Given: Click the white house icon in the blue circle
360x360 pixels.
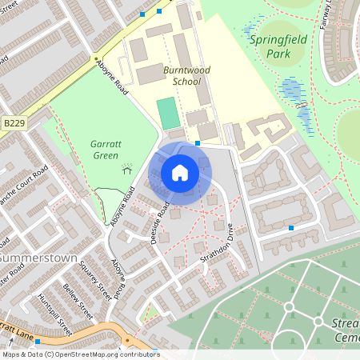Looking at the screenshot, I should click(x=180, y=173).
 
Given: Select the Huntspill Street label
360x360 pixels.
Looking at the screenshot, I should click(x=54, y=314).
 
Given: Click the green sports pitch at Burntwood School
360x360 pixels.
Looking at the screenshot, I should click(x=166, y=113).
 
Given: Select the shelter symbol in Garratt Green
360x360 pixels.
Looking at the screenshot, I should click(x=126, y=168).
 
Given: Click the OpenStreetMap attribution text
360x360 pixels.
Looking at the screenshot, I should click(x=80, y=354).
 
